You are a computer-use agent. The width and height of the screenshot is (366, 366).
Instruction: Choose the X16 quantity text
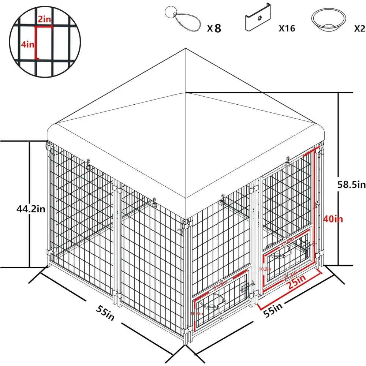pyautogui.click(x=287, y=28)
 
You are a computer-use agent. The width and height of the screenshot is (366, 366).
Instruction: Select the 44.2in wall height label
pyautogui.click(x=31, y=209)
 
